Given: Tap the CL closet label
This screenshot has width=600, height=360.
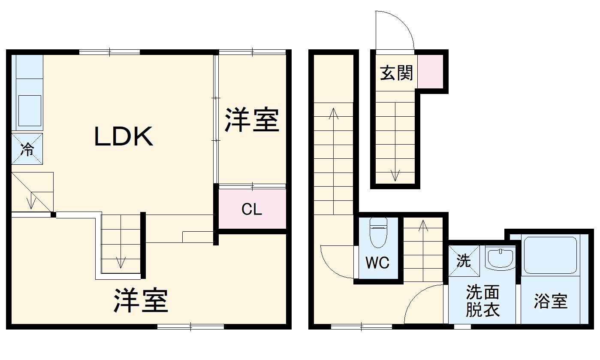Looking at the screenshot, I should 252,209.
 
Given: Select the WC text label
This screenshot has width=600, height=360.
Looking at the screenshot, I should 377,263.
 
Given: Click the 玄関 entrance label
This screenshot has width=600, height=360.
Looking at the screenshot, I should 396,73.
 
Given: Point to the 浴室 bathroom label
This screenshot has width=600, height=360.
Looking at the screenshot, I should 551,301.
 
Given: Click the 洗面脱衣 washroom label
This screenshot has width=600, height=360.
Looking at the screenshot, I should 482,301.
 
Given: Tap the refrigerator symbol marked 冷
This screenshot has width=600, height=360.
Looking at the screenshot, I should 27,149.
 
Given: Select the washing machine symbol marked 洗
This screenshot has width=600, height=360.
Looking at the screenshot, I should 464,261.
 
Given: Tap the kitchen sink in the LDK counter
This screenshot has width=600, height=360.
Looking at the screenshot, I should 30,110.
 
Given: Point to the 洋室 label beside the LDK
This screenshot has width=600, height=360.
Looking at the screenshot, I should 252,121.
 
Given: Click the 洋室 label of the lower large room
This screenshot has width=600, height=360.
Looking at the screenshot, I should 141,300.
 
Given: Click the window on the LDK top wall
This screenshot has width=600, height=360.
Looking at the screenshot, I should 110,52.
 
